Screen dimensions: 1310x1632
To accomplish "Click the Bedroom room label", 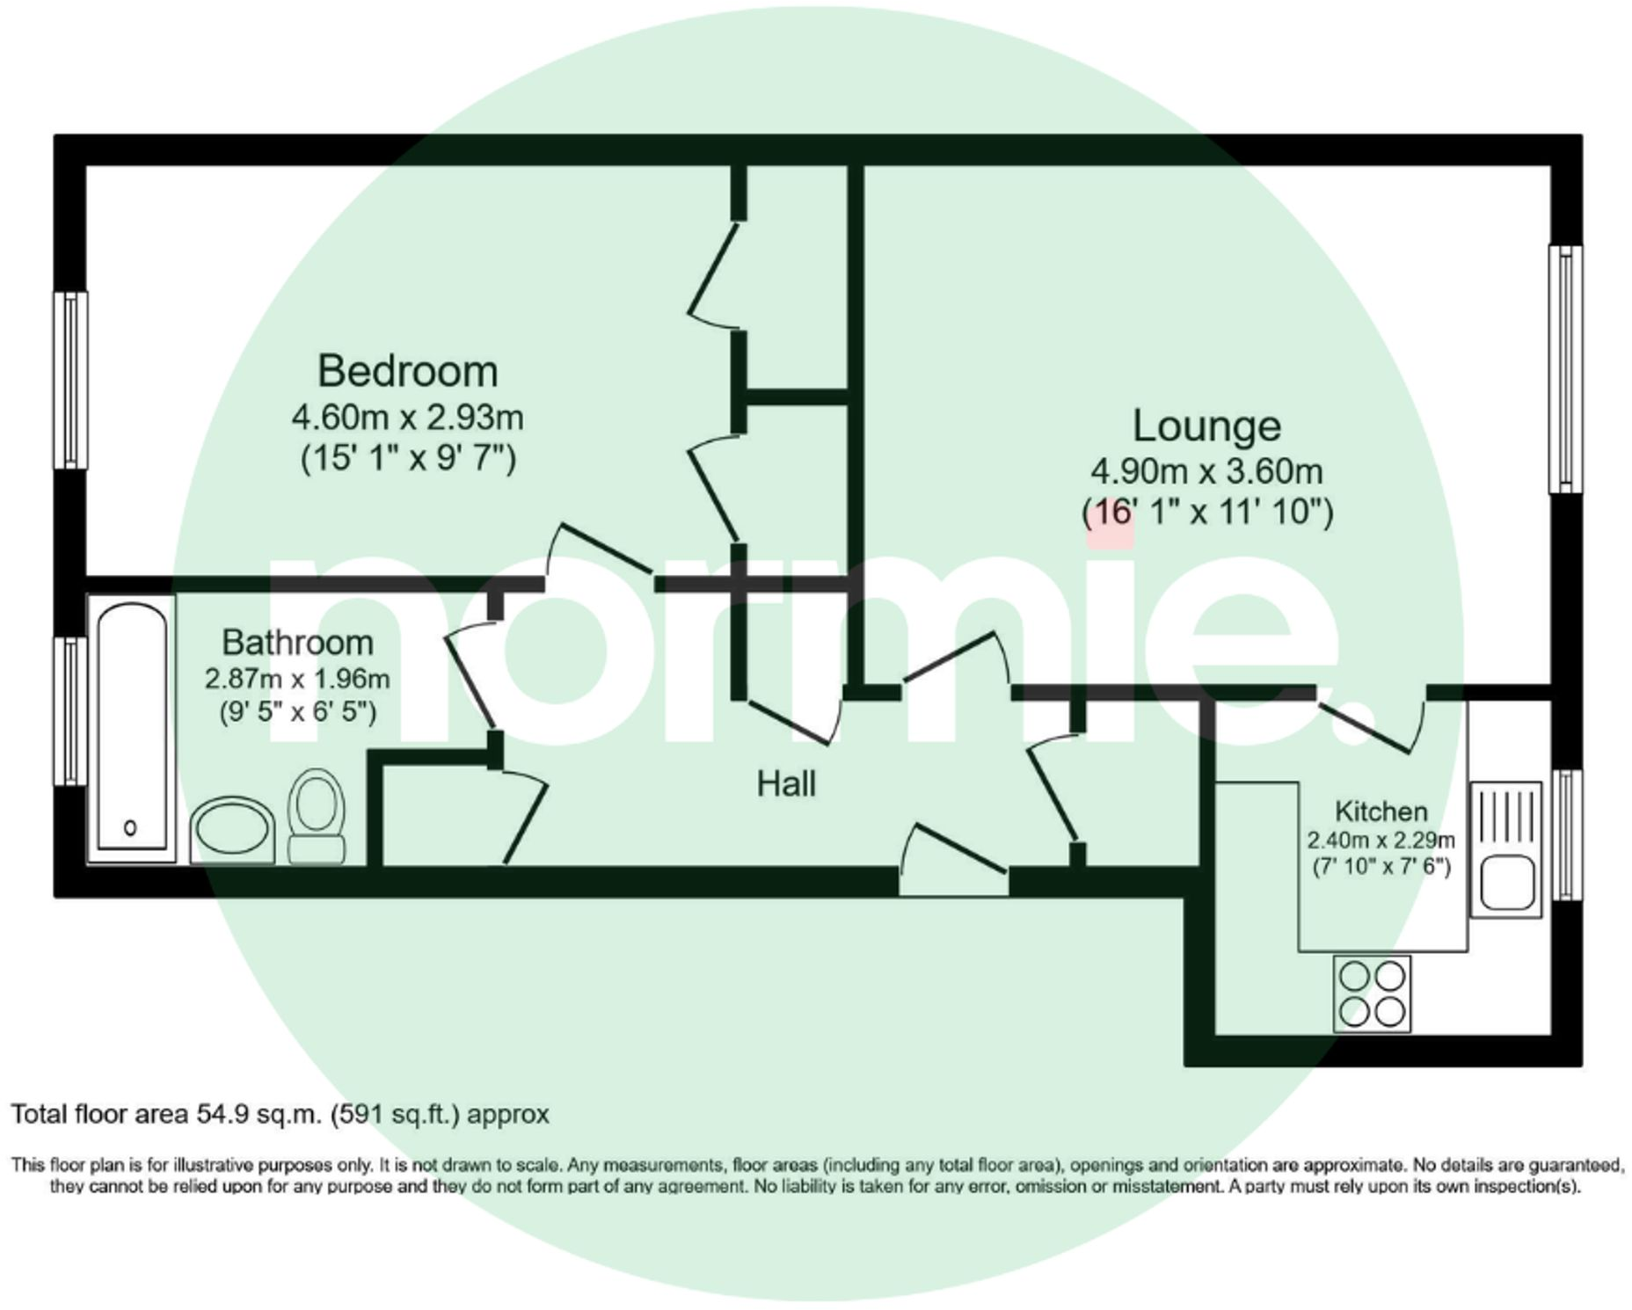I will coord(407,371).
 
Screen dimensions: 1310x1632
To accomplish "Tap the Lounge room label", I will coord(1206,426).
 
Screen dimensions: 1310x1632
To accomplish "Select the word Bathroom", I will coord(297,643).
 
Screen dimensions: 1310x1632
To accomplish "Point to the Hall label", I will coord(786,783).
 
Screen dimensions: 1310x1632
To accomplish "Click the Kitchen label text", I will coord(1381,811).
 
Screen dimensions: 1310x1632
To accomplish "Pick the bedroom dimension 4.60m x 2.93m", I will coord(407,418).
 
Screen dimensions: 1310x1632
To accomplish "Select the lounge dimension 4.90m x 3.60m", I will coord(1206,472).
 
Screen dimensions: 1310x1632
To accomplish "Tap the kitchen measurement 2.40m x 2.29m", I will coord(1381,840).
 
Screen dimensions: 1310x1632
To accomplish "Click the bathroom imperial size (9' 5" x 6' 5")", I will coord(297,710).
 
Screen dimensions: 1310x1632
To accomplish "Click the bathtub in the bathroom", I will coord(131,728).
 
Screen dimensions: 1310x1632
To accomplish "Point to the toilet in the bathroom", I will coord(317,816).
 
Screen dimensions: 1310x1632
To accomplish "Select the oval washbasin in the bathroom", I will coord(232,829).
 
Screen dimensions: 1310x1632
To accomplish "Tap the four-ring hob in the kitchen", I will coord(1372,993).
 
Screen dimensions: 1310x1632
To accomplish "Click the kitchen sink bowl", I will coord(1507,884).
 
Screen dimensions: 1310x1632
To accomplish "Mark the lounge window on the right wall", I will coord(1565,369).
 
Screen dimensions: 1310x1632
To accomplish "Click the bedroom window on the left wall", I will coord(70,380).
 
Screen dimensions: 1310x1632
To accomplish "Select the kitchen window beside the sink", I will coord(1566,834).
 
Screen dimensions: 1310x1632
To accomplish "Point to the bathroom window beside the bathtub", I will coord(70,710).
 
